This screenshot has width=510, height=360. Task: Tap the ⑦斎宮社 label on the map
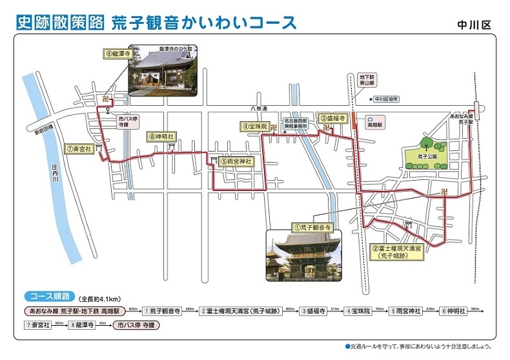81,148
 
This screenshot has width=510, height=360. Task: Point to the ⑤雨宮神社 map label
235,162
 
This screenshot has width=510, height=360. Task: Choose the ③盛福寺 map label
335,119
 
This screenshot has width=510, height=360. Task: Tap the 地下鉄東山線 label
366,81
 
